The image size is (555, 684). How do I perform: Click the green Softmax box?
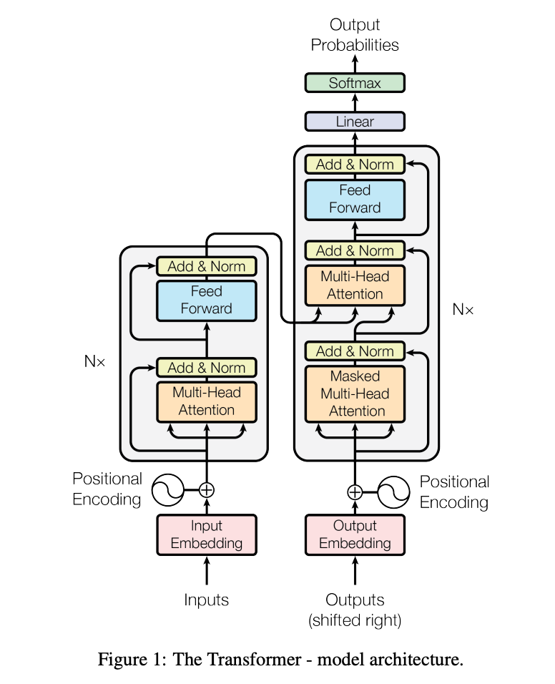355,83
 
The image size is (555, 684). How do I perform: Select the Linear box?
355,121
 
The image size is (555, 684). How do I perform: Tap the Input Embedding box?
207,534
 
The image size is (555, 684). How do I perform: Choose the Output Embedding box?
355,534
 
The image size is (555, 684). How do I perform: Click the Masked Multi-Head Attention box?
355,394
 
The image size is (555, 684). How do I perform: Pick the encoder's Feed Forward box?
206,301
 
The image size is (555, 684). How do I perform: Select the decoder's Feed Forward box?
355,200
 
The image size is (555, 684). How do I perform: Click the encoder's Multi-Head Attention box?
206,402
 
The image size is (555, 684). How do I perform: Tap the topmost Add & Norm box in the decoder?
355,165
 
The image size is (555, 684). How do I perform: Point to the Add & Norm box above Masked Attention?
355,351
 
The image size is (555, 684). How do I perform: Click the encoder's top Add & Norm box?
206,266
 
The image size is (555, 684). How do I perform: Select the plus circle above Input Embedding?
207,490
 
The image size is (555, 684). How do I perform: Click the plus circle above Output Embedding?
355,492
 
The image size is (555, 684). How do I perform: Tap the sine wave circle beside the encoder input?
168,490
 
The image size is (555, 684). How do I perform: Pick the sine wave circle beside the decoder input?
393,492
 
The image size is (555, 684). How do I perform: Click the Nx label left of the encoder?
94,361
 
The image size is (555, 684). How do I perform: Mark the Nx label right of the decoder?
463,309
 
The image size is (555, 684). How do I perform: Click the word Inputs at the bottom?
206,600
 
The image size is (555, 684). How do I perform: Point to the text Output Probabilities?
355,35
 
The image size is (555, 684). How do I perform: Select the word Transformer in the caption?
237,659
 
